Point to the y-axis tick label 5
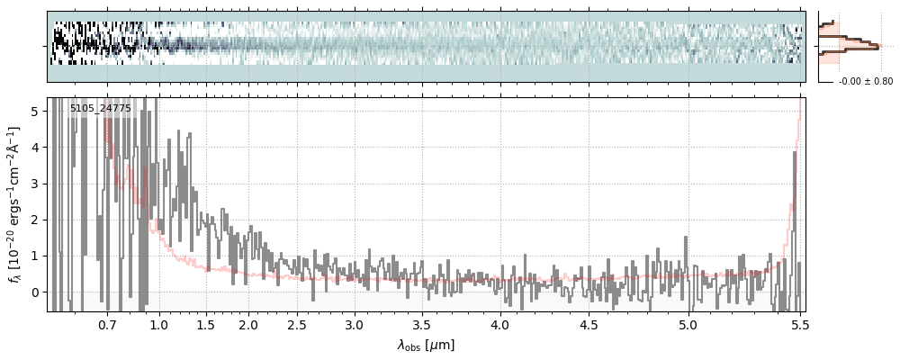(x=34, y=111)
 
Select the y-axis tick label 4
(x=34, y=147)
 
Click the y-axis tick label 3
(x=34, y=183)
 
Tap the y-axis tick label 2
(x=34, y=219)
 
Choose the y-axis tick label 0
(x=34, y=292)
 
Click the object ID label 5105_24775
(x=101, y=109)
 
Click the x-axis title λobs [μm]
(x=426, y=345)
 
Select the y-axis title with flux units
(x=15, y=204)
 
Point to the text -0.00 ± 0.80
(x=865, y=82)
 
